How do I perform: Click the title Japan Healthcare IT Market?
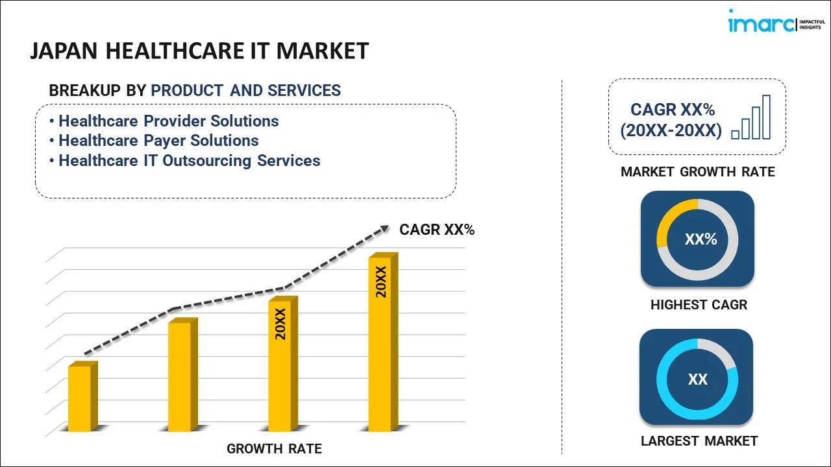(x=199, y=51)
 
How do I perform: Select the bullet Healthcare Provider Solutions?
(x=168, y=121)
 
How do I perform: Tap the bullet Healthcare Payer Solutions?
(x=158, y=141)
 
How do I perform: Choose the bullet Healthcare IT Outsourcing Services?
(x=189, y=161)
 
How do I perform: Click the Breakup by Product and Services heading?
(x=195, y=91)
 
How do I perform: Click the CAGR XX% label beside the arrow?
(x=437, y=230)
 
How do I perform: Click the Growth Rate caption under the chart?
(x=274, y=449)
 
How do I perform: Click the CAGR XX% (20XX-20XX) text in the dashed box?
(x=671, y=121)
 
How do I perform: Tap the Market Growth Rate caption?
(x=698, y=172)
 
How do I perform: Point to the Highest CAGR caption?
(x=699, y=305)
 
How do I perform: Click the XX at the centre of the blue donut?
(x=697, y=379)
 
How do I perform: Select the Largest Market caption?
(x=699, y=441)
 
